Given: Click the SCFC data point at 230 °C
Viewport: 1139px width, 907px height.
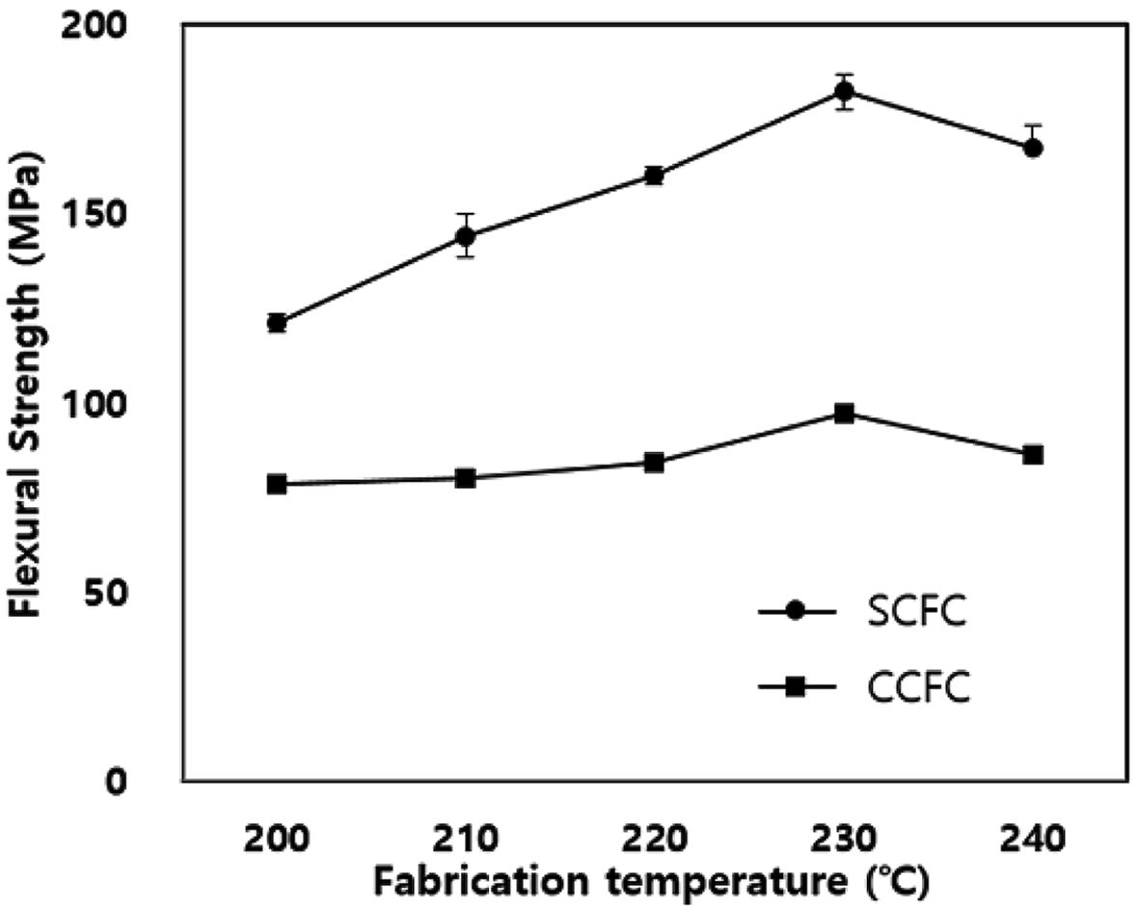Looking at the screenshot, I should click(x=845, y=93).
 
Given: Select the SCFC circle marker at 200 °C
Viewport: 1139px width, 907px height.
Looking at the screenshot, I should click(x=277, y=323).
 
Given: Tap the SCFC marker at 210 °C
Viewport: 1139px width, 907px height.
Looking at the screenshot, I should click(x=466, y=235).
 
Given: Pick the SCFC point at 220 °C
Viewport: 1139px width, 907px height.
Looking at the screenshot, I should click(x=655, y=175).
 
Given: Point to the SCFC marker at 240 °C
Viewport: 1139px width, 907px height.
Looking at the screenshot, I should click(x=1033, y=148).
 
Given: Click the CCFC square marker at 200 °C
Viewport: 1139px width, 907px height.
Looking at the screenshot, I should click(x=277, y=484).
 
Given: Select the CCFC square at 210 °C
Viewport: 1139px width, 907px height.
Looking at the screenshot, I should click(x=466, y=478).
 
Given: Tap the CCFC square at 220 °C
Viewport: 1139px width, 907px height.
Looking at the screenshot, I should click(x=655, y=463).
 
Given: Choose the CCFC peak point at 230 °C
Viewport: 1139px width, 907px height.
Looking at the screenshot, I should click(x=845, y=413).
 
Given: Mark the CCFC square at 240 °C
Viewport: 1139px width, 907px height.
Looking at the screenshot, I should click(x=1033, y=455).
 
